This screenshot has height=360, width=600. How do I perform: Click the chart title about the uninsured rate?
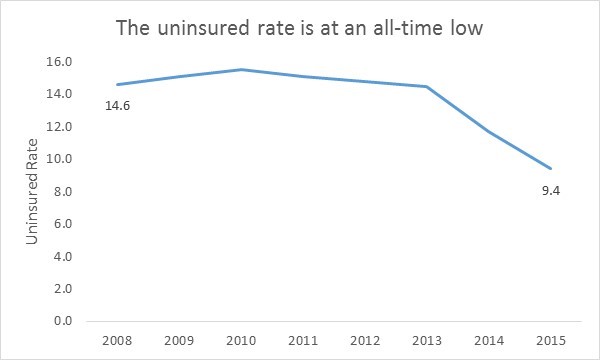(300, 26)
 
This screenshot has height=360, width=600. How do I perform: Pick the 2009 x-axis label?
(179, 340)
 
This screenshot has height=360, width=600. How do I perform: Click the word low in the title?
(466, 26)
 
